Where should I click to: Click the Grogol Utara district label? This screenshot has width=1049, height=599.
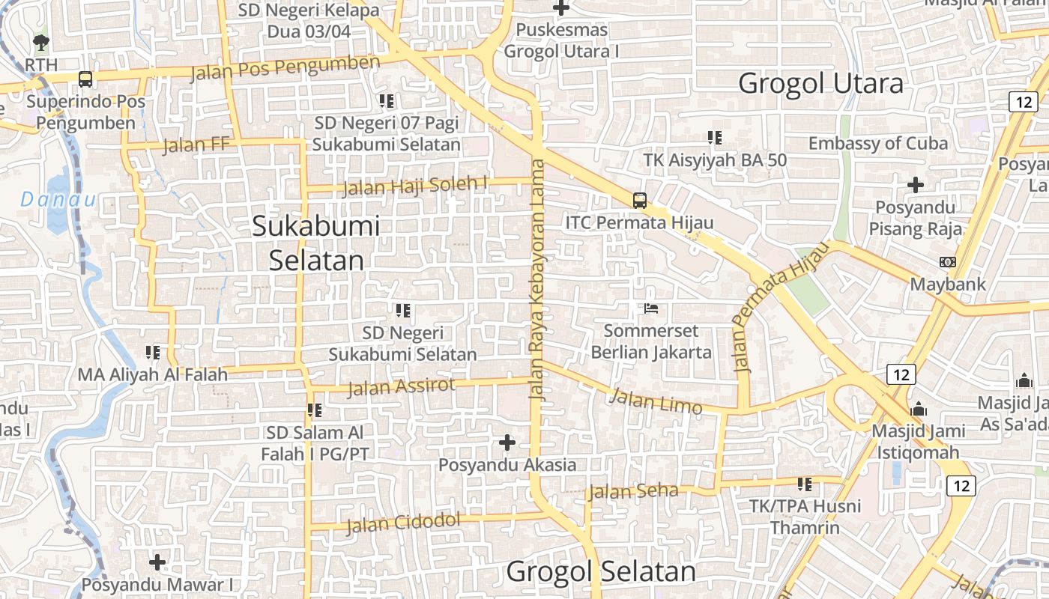pos(820,83)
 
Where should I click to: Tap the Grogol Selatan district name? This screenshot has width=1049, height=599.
pos(601,571)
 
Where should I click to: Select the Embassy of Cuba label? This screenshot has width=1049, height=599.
pos(878,143)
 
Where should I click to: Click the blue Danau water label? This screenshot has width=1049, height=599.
pos(58,199)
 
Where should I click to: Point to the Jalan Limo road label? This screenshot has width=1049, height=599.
pos(656,401)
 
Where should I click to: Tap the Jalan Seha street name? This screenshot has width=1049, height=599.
pos(633,491)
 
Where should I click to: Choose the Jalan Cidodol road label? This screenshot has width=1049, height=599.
pos(403,522)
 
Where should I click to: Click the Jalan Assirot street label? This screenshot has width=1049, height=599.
pos(402,386)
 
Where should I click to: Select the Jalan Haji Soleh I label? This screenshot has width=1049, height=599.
pos(416,185)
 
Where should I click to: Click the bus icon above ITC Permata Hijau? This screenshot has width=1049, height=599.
pos(639,200)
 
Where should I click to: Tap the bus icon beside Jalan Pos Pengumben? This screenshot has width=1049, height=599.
pos(85,79)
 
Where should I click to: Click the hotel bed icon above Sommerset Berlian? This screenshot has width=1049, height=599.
pos(650,308)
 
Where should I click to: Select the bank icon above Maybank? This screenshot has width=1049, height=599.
pos(947,262)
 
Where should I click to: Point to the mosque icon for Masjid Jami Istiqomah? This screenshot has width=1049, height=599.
pos(919,410)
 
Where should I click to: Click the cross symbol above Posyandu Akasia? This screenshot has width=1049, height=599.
pos(507,443)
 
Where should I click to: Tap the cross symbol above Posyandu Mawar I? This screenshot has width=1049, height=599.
pos(157,562)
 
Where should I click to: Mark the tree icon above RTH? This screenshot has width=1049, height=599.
pos(40,42)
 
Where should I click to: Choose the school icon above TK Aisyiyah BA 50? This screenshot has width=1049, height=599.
pos(714,137)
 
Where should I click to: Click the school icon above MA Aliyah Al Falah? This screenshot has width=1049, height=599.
pos(153,351)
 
